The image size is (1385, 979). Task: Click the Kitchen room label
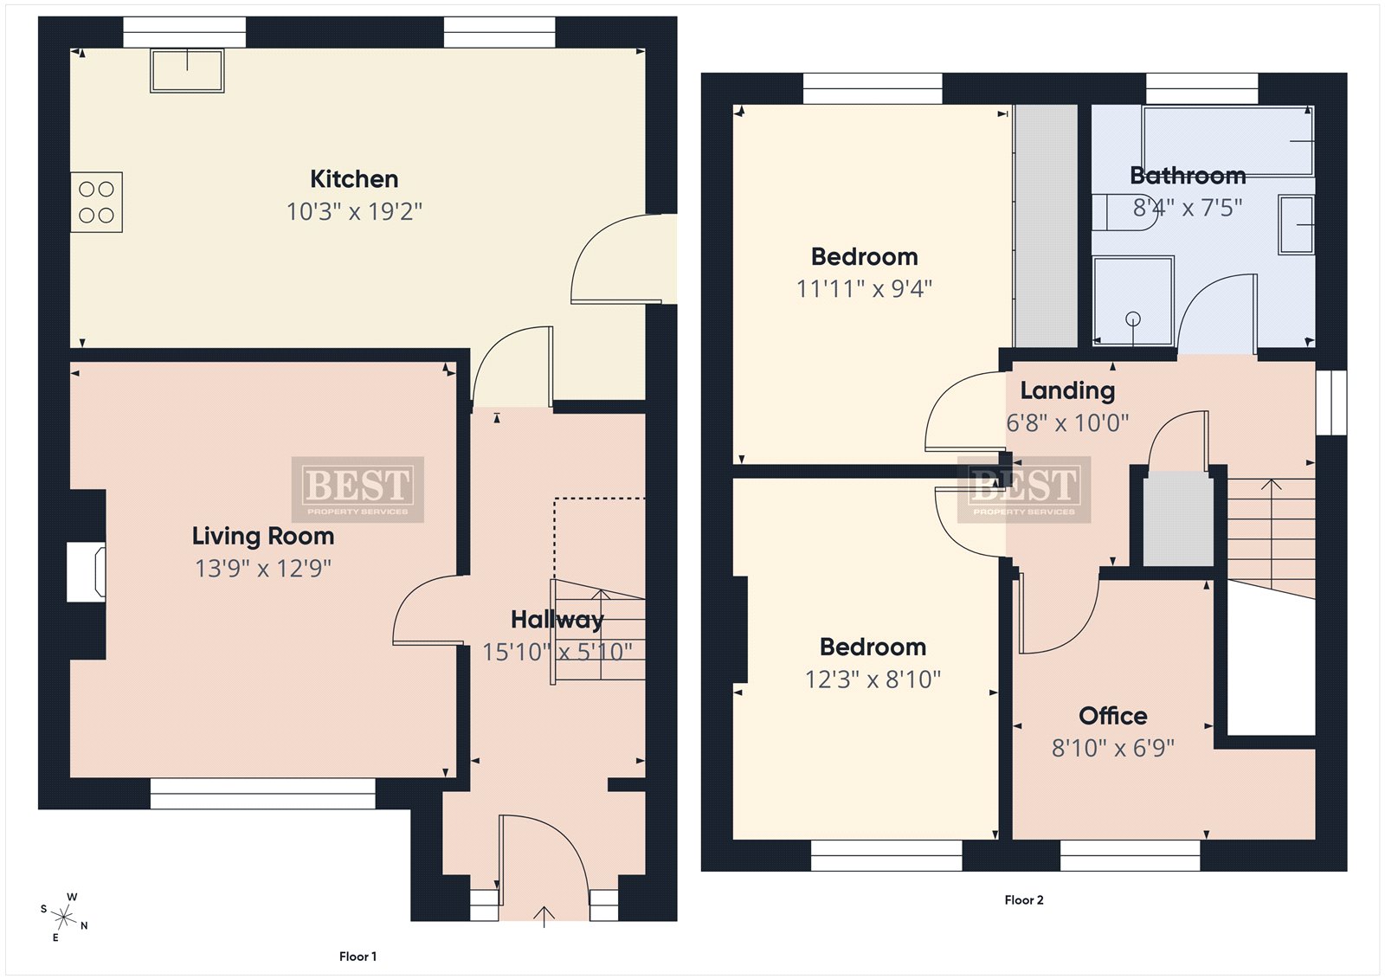tap(354, 179)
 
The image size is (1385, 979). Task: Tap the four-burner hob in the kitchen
tap(96, 203)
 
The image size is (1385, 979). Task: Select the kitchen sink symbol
tap(187, 71)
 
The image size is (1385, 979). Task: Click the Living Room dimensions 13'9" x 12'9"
tap(263, 569)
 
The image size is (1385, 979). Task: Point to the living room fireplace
tap(86, 572)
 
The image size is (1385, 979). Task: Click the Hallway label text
tap(557, 620)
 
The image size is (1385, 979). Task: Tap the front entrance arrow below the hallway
tap(544, 917)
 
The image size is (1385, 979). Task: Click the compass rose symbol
tap(64, 917)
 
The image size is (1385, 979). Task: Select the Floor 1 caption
tap(358, 956)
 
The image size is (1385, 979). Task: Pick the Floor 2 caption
tap(1024, 900)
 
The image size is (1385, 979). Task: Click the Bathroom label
tap(1188, 176)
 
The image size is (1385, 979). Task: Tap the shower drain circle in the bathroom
tap(1133, 319)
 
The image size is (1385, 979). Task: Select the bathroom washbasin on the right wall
tap(1295, 224)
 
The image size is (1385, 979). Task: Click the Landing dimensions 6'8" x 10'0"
tap(1068, 423)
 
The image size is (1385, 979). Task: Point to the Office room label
tap(1113, 716)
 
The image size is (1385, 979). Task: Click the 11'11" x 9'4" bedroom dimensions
tap(864, 289)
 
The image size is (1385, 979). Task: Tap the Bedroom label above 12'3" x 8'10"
tap(873, 647)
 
